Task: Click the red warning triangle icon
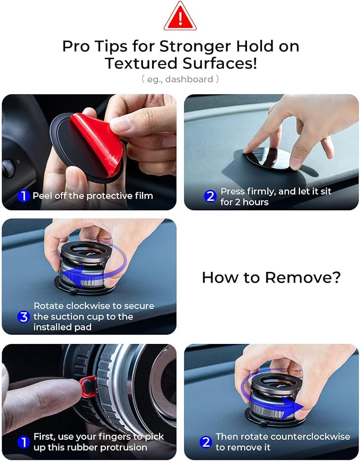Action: click(180, 17)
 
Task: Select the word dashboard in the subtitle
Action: click(189, 79)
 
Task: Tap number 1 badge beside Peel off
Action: click(23, 196)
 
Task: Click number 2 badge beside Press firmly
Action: click(210, 196)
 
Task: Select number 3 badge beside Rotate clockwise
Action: click(23, 317)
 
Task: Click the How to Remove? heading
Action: click(271, 277)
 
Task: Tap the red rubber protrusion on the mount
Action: click(88, 386)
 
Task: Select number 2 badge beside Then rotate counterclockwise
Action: click(206, 442)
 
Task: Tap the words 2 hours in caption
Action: click(252, 202)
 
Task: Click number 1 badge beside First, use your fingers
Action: click(23, 442)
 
